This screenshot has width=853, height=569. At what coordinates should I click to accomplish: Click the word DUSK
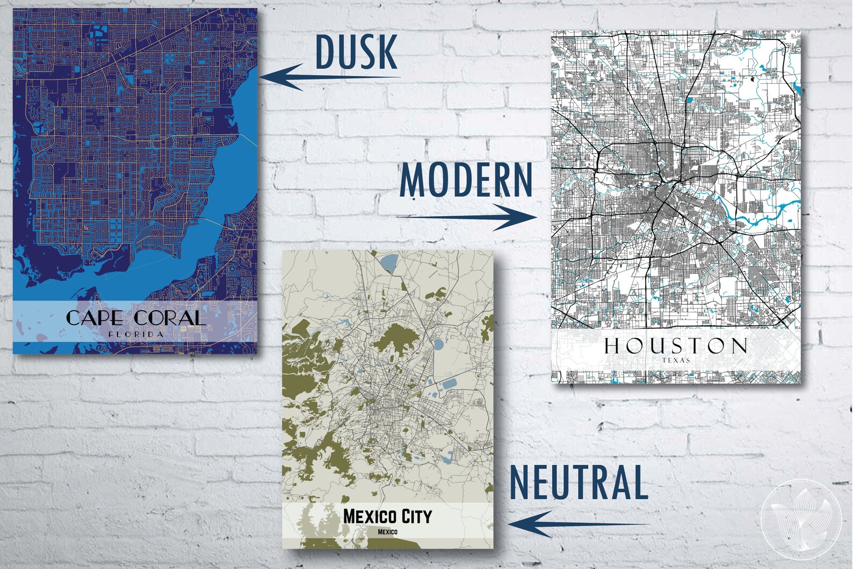(356, 52)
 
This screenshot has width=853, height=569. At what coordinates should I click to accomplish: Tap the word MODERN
(466, 180)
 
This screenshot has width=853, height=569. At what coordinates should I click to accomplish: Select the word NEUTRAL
(579, 482)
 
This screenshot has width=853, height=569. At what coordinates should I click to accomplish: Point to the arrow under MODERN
(466, 217)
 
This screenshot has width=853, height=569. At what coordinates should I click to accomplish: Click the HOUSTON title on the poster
(675, 347)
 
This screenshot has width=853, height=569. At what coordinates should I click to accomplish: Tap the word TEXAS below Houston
(676, 361)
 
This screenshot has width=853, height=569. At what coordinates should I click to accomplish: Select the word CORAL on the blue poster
(170, 318)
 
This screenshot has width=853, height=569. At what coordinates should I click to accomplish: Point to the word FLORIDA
(135, 334)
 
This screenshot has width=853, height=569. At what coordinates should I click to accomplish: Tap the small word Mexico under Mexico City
(387, 532)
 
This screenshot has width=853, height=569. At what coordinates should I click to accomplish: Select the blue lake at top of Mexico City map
(387, 263)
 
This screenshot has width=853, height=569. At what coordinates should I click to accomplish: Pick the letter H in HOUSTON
(612, 347)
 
